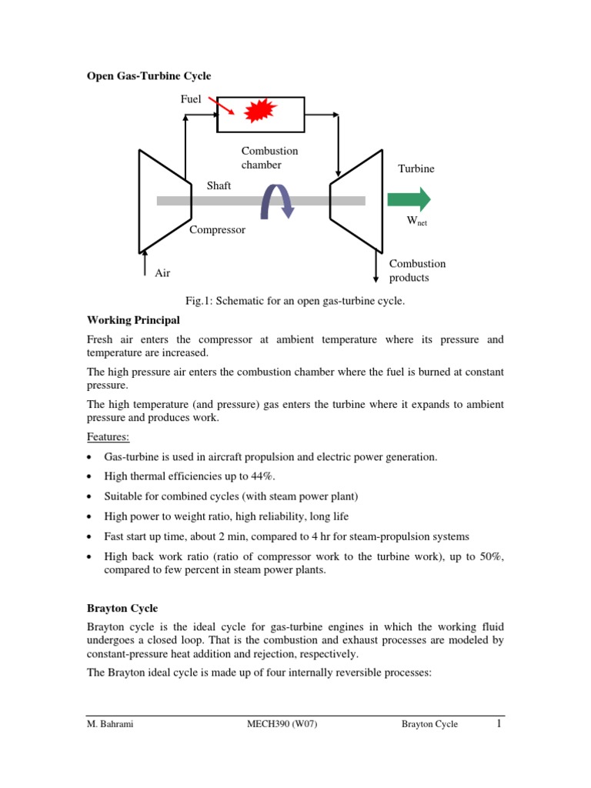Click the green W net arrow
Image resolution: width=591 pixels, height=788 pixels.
click(409, 200)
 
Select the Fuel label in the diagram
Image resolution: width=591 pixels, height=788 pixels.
click(191, 99)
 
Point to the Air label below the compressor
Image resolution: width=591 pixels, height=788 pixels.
click(163, 272)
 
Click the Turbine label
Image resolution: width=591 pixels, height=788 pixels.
click(416, 169)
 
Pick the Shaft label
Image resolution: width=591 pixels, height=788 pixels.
click(219, 185)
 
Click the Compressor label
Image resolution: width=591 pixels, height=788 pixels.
click(218, 229)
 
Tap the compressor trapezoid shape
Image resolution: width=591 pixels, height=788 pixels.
click(165, 201)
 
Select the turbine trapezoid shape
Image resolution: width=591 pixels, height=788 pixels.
click(356, 201)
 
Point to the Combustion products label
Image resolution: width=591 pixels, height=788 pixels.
click(417, 270)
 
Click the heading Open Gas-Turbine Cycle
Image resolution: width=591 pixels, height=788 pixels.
click(148, 75)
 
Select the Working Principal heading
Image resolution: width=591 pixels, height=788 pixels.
click(133, 319)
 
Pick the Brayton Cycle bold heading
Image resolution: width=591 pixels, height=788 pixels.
click(122, 608)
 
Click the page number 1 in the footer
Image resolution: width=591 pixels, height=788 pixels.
click(499, 723)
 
